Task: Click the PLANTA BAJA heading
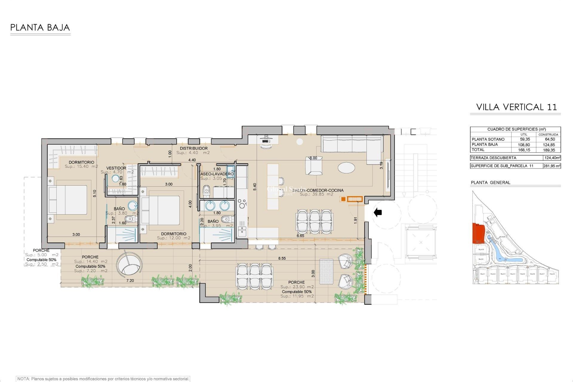pos(40,28)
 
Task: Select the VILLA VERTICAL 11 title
pos(516,107)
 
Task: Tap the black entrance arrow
pos(378,212)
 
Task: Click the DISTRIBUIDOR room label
pos(193,148)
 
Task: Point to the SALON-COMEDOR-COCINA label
pos(318,190)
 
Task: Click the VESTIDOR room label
pos(116,168)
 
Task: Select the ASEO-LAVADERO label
pos(217,174)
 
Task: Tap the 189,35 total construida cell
pos(549,150)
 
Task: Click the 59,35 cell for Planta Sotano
pos(525,139)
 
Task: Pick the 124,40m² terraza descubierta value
pos(552,158)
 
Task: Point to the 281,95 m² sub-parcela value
pos(552,166)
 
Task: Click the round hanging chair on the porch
pos(128,265)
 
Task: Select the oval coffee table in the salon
pos(346,167)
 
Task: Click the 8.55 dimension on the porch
pos(282,258)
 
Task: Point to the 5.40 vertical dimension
pos(255,187)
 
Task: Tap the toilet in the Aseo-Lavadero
pos(206,191)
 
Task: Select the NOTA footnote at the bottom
pos(103,379)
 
